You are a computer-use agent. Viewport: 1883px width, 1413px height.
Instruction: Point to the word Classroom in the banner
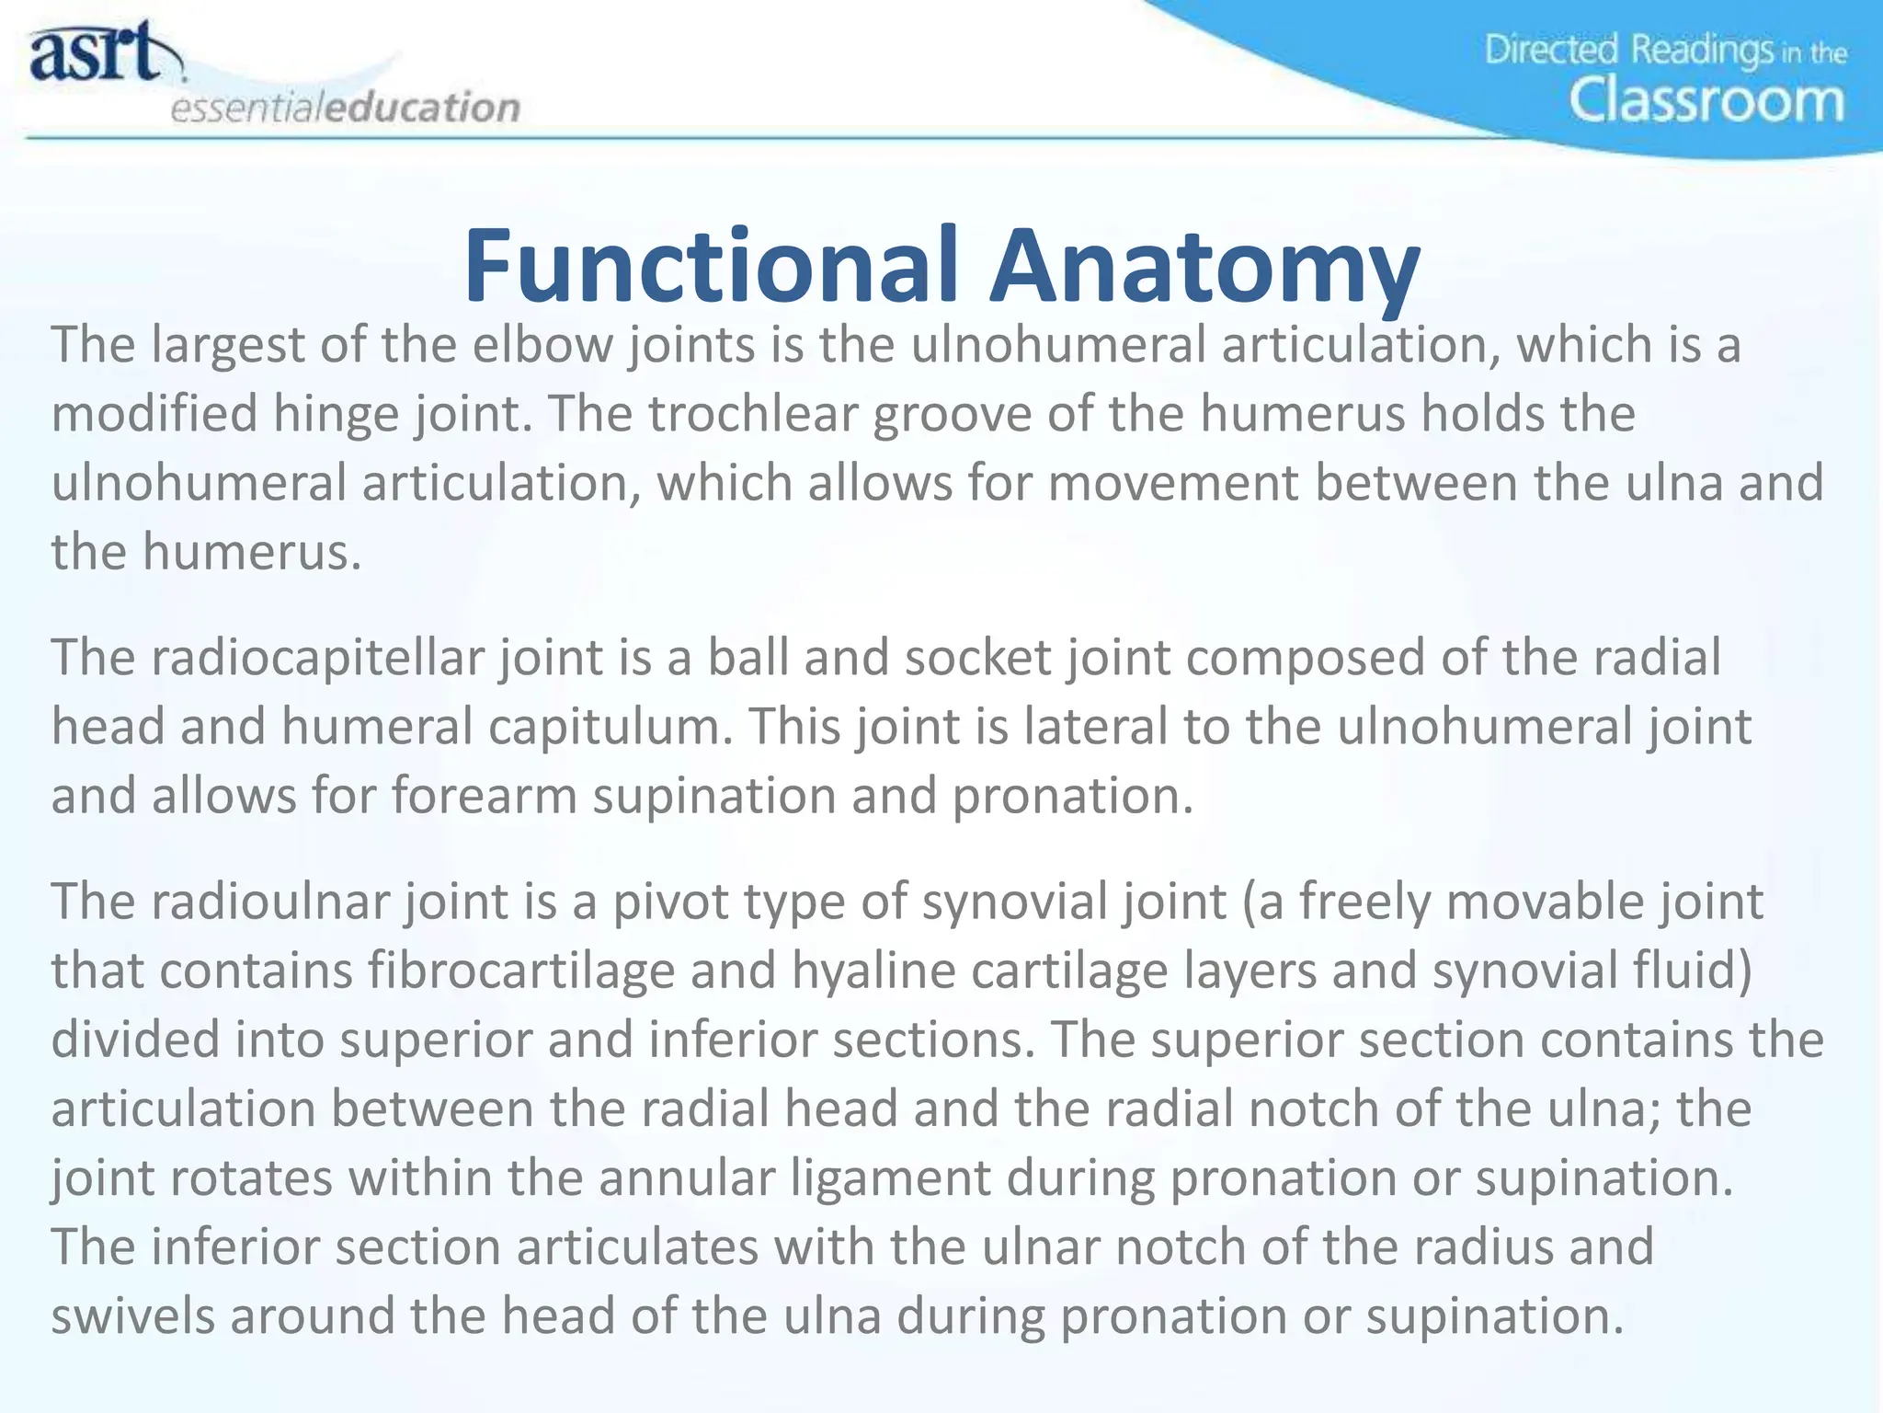point(1706,101)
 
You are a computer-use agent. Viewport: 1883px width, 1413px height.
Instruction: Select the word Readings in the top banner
point(1702,50)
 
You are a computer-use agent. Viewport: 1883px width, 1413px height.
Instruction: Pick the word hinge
point(336,414)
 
